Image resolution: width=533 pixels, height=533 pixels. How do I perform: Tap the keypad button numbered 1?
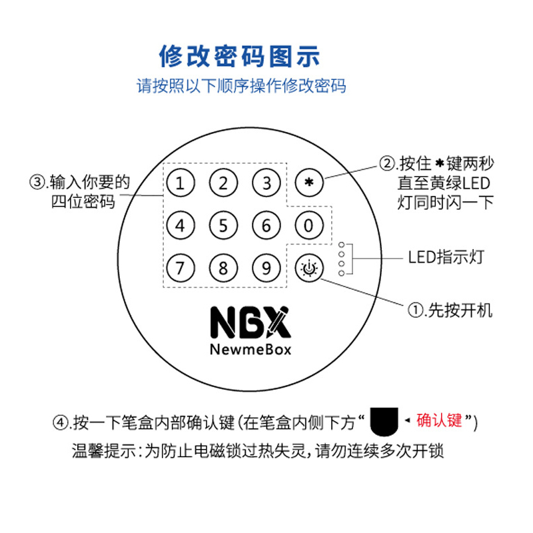(181, 182)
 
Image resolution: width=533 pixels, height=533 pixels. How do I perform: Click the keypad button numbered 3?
(266, 182)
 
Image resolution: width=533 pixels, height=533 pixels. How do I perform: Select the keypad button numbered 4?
(181, 225)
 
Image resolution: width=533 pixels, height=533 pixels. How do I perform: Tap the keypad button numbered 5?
(223, 225)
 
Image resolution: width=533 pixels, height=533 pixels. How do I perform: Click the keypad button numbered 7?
(181, 268)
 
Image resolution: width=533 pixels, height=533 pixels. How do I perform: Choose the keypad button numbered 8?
(223, 268)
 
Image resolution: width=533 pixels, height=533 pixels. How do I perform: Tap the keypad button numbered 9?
(266, 268)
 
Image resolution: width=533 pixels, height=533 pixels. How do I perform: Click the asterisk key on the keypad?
(308, 182)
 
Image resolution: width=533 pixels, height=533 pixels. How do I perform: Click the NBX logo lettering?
(250, 322)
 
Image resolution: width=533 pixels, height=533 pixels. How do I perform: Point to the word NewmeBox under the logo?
(250, 348)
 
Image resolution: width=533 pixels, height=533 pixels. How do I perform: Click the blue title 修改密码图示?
(240, 55)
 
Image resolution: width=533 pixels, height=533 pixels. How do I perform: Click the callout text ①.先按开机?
(450, 310)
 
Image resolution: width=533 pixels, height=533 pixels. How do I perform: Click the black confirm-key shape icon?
(384, 421)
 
